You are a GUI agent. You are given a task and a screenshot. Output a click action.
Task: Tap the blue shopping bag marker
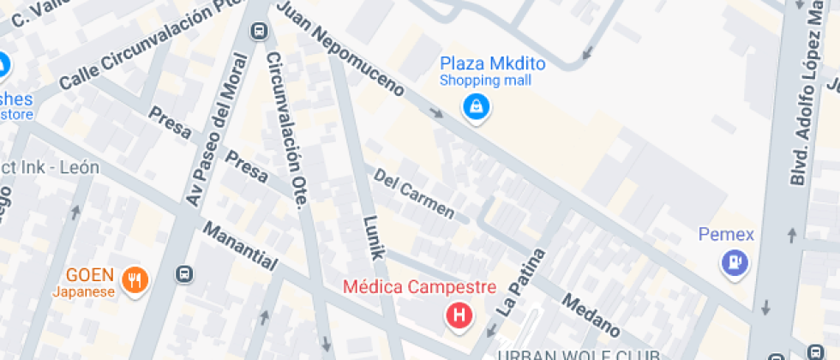point(474,107)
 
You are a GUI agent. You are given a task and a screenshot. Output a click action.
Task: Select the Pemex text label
point(725,234)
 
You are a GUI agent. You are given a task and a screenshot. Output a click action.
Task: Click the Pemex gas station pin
point(735,262)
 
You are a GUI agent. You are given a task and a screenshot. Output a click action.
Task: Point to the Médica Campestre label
point(419,287)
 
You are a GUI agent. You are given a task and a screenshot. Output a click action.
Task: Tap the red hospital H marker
point(460,315)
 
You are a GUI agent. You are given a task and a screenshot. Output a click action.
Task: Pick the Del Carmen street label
point(414,192)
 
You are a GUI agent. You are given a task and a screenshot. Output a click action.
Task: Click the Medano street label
point(591,315)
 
